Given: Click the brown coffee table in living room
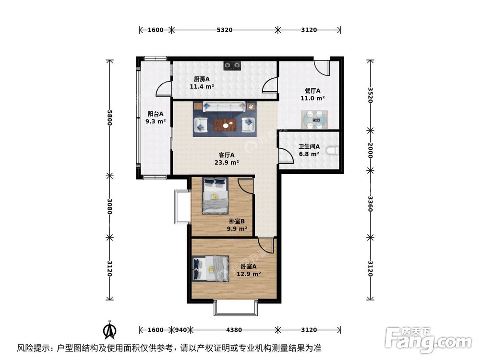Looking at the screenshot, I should (225, 124).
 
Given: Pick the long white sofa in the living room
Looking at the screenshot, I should (225, 107).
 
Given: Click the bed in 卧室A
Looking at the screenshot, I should (211, 268).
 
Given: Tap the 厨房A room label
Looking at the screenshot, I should (202, 79).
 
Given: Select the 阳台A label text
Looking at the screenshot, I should (156, 114).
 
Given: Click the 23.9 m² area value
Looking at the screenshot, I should (227, 162).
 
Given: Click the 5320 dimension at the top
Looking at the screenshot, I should (225, 30).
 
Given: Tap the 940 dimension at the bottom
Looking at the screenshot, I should (180, 330).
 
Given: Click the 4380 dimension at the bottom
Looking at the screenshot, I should (234, 330).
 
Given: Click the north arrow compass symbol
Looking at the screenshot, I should (110, 330).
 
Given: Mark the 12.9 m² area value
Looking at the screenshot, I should (249, 274).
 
